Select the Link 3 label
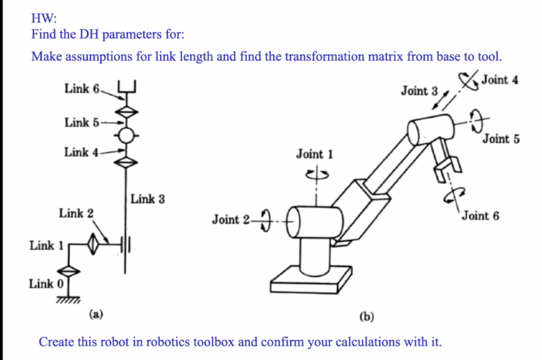147,199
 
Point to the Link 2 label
76,213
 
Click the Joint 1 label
314,154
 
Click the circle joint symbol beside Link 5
127,135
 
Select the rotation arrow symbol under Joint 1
314,174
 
